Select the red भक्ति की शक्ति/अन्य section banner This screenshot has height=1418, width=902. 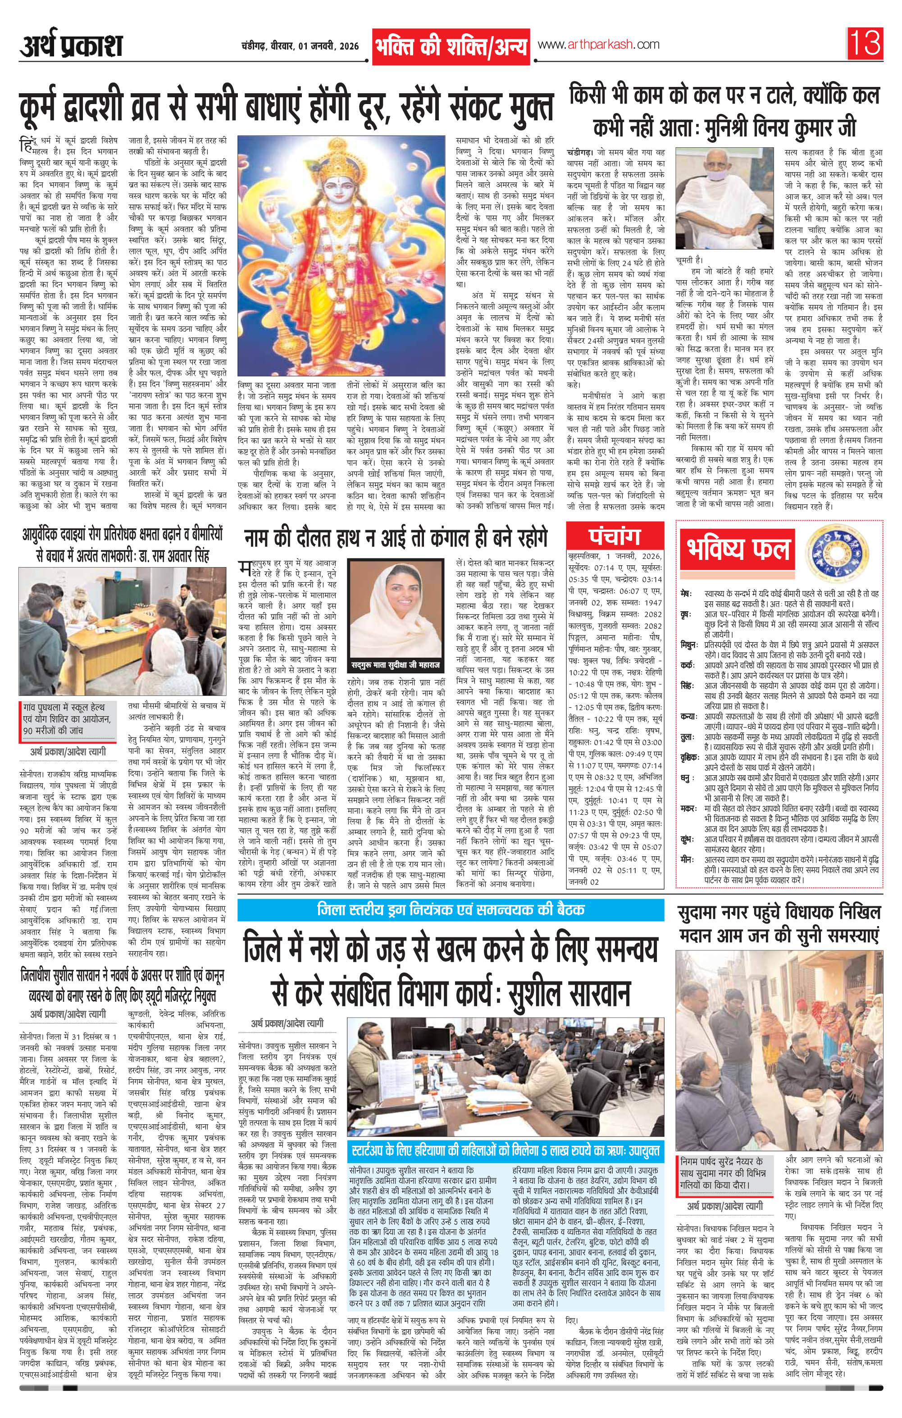pyautogui.click(x=451, y=46)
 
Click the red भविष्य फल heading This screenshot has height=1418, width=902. pyautogui.click(x=738, y=548)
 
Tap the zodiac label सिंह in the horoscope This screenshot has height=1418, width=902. pyautogui.click(x=686, y=686)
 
